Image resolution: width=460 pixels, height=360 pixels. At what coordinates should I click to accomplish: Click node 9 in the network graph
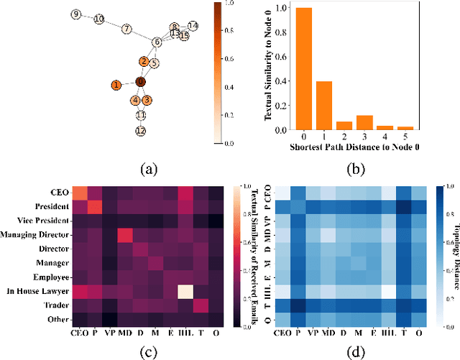77,14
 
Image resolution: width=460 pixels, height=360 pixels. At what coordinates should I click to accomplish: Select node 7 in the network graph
126,29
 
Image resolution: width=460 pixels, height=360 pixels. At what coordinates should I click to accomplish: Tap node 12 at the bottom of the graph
141,131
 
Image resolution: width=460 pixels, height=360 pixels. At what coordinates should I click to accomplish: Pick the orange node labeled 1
116,86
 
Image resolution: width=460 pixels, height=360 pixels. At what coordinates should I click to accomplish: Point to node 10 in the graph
98,19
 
